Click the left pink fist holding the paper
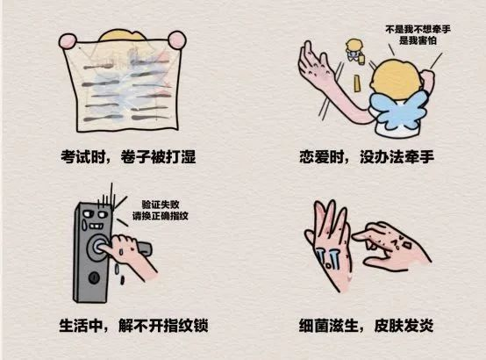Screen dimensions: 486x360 pos(68,41)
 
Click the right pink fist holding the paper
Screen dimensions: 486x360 pos(177,40)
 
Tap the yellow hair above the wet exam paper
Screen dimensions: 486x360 pos(122,35)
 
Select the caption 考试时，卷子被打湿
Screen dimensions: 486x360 pos(128,156)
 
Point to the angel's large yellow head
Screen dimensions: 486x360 pos(397,79)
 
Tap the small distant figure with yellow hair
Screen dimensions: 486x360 pos(354,51)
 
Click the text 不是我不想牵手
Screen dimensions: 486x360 pos(418,30)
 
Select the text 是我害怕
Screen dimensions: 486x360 pos(418,40)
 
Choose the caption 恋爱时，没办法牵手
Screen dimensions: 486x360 pos(367,156)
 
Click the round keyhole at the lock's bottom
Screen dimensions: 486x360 pos(94,277)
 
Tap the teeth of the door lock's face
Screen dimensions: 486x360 pos(95,226)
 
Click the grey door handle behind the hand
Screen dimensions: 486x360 pos(145,248)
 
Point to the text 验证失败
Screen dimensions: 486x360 pos(161,205)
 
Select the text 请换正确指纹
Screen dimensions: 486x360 pos(161,216)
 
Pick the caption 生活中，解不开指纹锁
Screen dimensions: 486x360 pos(133,326)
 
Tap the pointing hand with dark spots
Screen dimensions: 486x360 pos(391,245)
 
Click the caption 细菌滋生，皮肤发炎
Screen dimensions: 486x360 pos(366,326)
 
